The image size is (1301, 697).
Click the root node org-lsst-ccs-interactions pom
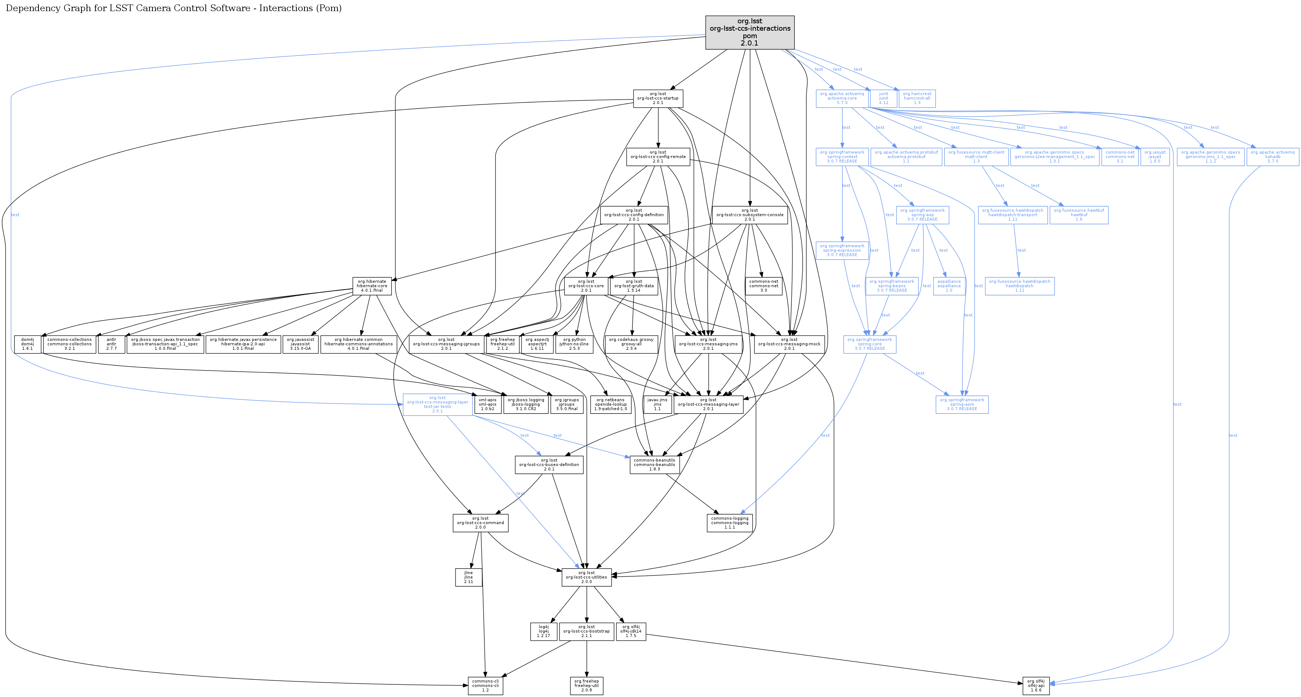(750, 32)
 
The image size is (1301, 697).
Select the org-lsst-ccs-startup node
(658, 98)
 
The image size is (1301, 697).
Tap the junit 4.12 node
(883, 98)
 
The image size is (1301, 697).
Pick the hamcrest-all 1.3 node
(917, 98)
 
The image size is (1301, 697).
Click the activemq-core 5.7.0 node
(842, 98)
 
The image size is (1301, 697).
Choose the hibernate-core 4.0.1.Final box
(372, 286)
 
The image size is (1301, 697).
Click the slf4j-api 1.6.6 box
(1036, 686)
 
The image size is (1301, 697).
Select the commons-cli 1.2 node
(485, 686)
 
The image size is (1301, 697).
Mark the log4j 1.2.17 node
(544, 631)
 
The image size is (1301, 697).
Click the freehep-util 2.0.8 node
(586, 686)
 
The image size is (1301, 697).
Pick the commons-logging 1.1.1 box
(730, 523)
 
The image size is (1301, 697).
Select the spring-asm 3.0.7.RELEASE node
(962, 405)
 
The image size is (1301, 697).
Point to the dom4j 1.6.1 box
(27, 344)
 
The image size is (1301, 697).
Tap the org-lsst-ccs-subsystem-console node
(750, 215)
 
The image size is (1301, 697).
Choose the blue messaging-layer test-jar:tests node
(437, 405)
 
